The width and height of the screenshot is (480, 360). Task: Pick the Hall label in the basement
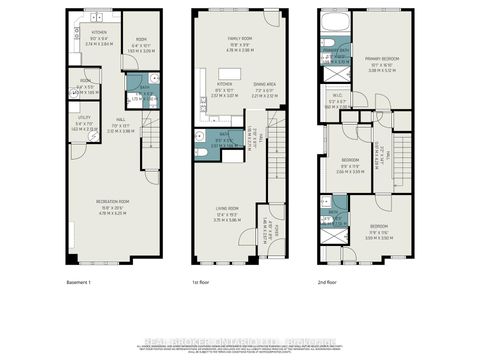119,126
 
